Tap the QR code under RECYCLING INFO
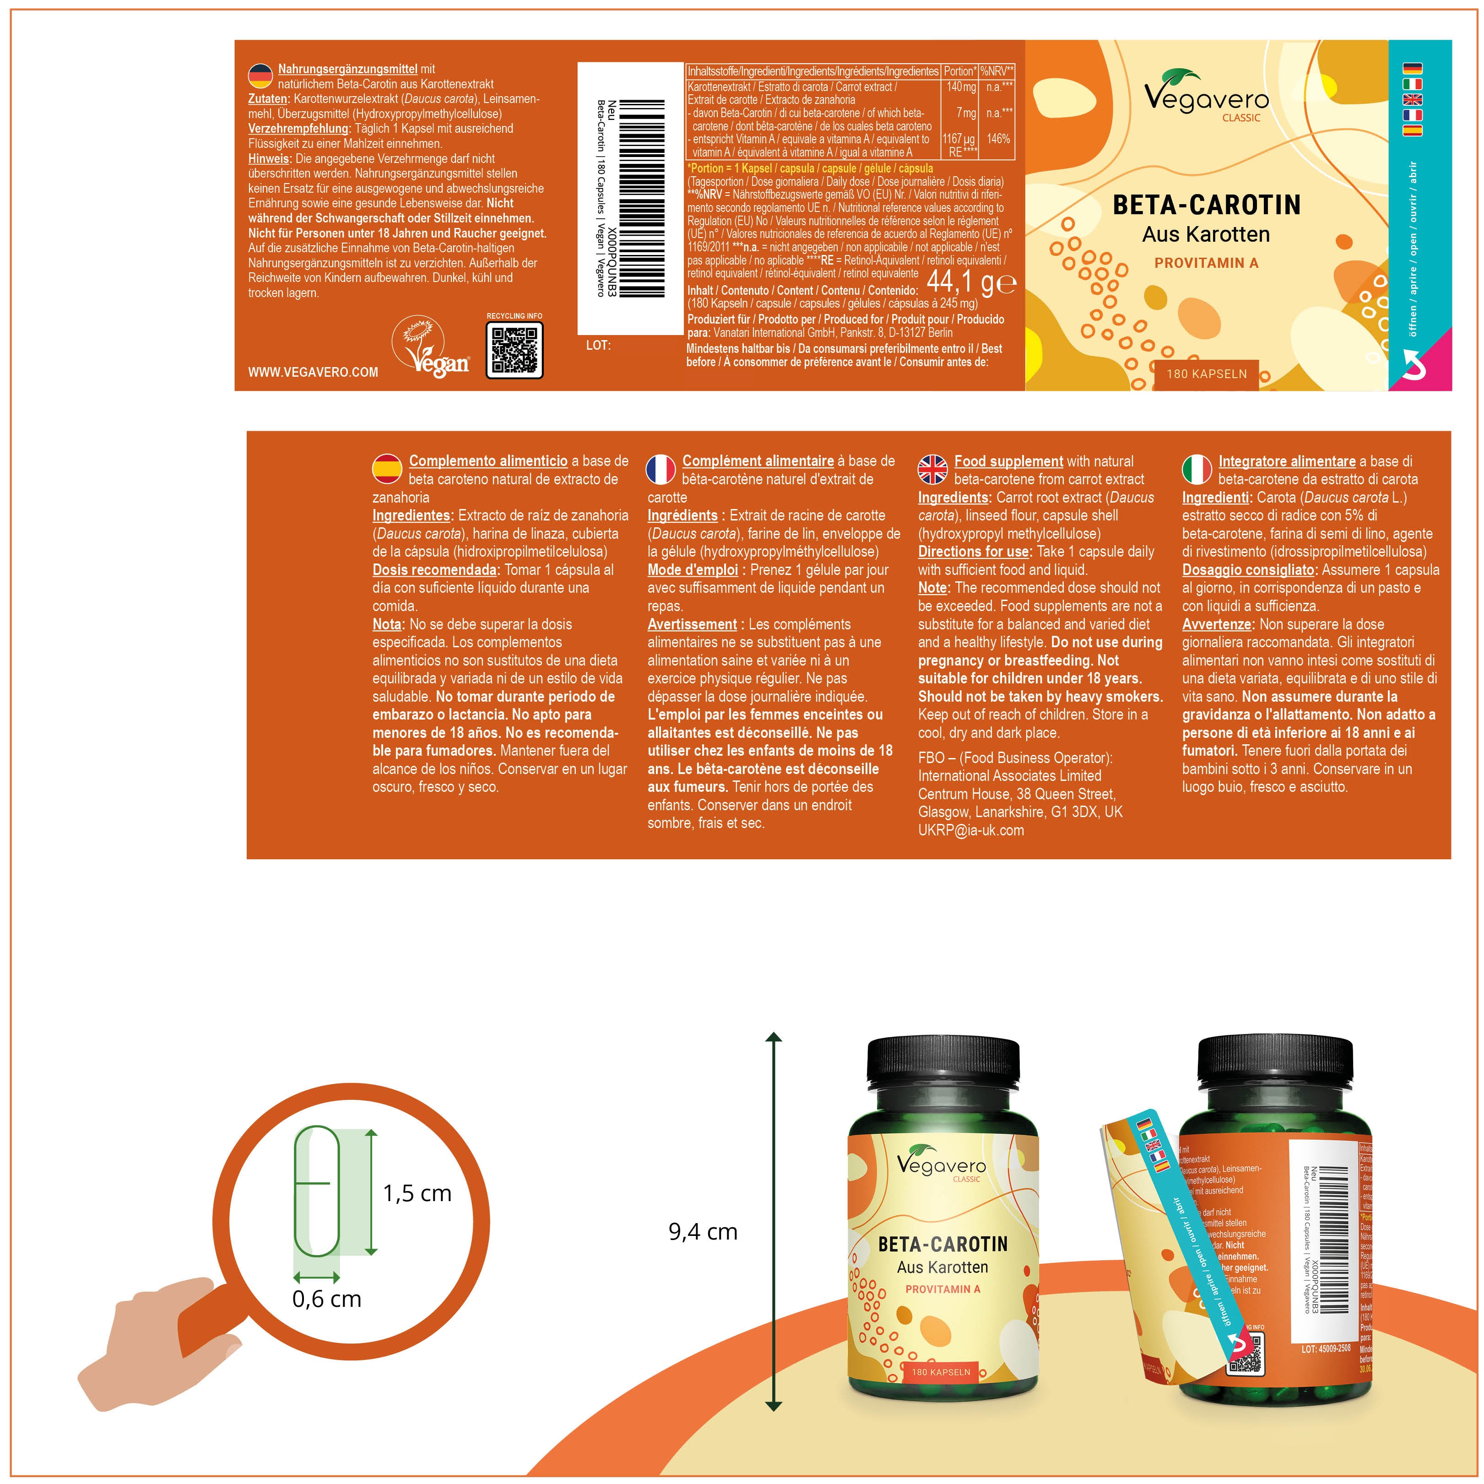(515, 350)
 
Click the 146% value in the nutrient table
(998, 139)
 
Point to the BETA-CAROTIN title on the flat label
(1207, 205)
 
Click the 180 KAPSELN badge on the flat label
(1206, 374)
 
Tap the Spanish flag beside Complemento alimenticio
(388, 469)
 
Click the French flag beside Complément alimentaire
(661, 469)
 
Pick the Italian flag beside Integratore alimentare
(1197, 469)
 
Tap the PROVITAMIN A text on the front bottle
(942, 1289)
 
